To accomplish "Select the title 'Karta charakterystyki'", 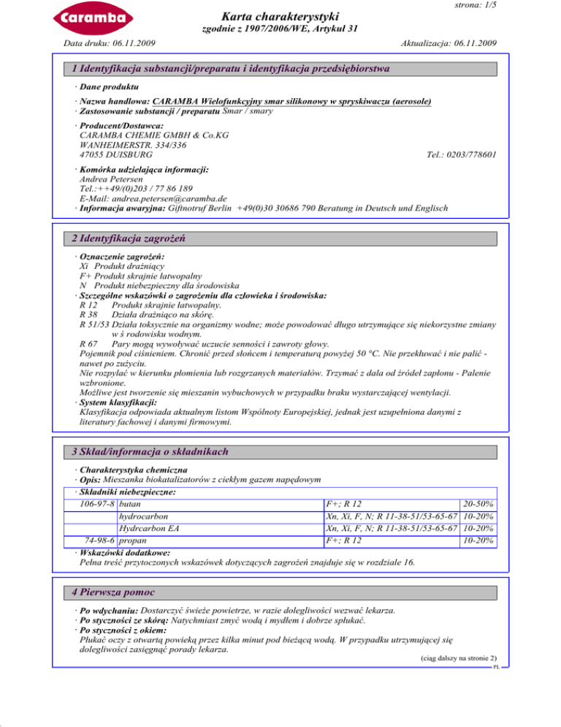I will tap(280, 15).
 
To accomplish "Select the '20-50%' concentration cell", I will tap(478, 504).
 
